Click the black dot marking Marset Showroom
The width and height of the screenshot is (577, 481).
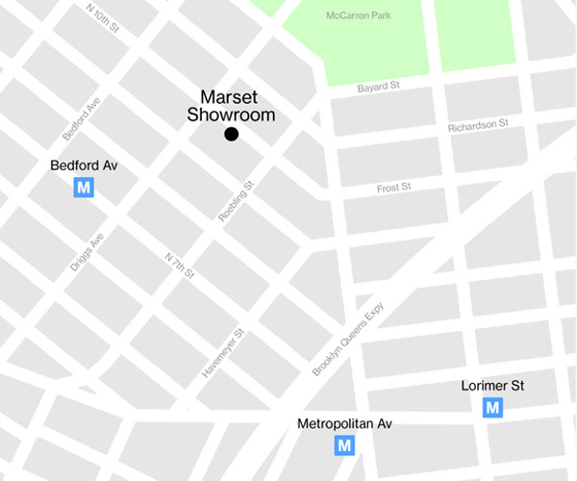point(231,135)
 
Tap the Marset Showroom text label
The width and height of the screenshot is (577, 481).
point(238,106)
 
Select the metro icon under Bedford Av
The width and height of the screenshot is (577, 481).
point(84,189)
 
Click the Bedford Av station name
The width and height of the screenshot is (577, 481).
point(84,166)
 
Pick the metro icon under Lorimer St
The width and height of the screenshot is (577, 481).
point(492,408)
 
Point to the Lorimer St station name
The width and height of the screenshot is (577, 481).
point(492,386)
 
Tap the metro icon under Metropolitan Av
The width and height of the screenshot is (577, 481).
point(344,445)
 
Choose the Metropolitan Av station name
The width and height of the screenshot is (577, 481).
point(345,423)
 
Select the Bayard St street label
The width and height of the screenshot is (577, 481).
point(379,88)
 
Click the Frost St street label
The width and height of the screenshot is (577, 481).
point(393,188)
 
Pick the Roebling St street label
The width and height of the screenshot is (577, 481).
point(236,202)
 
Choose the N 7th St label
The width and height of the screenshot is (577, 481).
point(180,266)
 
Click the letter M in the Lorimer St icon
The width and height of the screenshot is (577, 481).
point(492,408)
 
